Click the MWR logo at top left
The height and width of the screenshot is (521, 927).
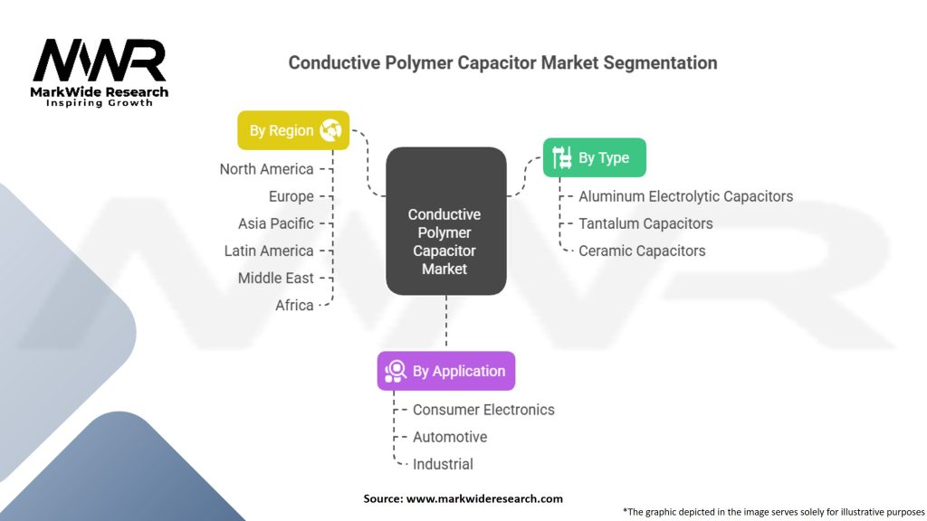[x=100, y=63]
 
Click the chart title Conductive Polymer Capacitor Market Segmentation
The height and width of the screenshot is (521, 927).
[x=502, y=62]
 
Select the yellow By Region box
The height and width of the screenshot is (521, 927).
[x=292, y=130]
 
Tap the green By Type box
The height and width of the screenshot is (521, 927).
[x=594, y=157]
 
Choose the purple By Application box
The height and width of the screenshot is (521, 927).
[x=445, y=371]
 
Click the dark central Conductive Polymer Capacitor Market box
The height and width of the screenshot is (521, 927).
[x=445, y=221]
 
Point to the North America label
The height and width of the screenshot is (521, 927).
[x=266, y=169]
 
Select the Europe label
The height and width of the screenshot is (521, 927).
[x=291, y=196]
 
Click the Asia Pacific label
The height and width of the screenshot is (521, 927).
[x=275, y=223]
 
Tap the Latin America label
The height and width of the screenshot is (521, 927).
[x=269, y=251]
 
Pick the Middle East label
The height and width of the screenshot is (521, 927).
[x=275, y=278]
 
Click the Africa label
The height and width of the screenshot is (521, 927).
[x=294, y=305]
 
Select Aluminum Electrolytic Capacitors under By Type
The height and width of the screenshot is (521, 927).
[x=685, y=196]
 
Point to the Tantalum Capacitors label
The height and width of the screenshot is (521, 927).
[x=645, y=223]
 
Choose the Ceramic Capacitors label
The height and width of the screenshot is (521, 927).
[x=642, y=251]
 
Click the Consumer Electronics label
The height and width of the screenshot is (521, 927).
[x=483, y=410]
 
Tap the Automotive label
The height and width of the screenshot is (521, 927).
[x=450, y=437]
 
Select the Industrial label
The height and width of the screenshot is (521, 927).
[x=443, y=464]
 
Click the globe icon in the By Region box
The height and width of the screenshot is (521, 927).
[x=330, y=130]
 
